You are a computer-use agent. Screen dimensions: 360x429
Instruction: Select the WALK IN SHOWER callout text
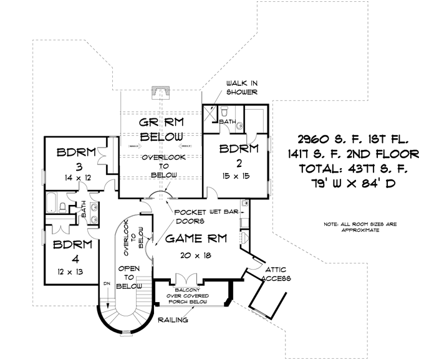click(242, 88)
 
